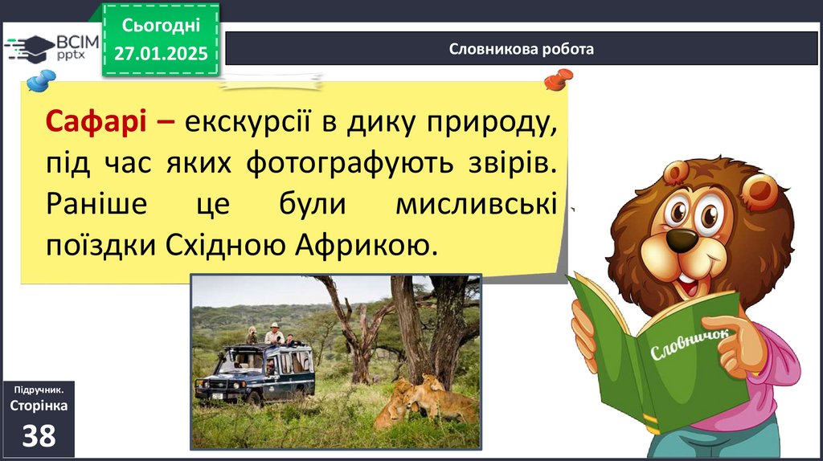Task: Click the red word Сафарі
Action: point(96,122)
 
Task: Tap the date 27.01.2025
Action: point(161,54)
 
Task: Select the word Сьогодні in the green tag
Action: point(161,25)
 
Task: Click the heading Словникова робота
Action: point(521,49)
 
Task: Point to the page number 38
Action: point(39,436)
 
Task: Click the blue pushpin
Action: point(41,80)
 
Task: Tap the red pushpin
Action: point(559,80)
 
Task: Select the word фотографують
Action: point(350,163)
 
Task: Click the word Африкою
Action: point(366,245)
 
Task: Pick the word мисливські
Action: point(476,204)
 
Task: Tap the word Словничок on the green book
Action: point(690,344)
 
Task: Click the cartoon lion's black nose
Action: point(682,239)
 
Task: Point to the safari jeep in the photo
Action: point(256,373)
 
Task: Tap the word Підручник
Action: point(39,390)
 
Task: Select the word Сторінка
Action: point(39,406)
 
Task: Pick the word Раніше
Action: point(96,204)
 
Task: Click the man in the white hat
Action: point(274,333)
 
